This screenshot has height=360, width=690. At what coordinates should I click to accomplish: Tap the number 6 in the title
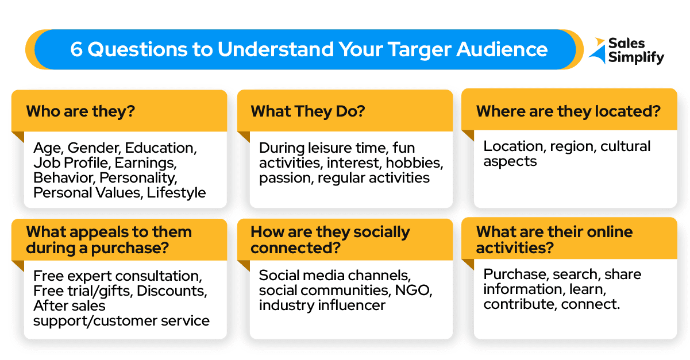click(76, 49)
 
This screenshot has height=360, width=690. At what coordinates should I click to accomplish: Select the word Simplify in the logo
click(636, 57)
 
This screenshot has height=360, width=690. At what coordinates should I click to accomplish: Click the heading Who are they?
click(80, 111)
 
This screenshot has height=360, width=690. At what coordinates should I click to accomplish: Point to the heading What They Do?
click(308, 111)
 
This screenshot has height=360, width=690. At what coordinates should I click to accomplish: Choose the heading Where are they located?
click(568, 111)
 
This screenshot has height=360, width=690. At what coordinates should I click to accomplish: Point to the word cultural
click(625, 146)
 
